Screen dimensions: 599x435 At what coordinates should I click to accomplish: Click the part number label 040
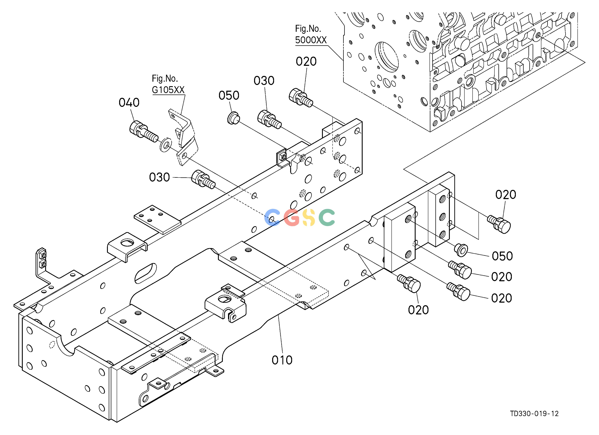pos(129,102)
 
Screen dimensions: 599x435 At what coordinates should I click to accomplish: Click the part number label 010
pos(282,360)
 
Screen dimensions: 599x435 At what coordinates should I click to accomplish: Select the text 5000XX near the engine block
pos(311,40)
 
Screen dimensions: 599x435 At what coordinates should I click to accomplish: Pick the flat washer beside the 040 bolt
pos(166,144)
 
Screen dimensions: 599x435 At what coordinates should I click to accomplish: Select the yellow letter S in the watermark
pos(309,217)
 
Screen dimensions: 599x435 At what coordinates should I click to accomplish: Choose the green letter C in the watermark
pos(327,217)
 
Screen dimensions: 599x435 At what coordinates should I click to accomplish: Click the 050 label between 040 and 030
pos(229,95)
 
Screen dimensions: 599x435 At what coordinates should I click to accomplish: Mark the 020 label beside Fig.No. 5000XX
pos(306,61)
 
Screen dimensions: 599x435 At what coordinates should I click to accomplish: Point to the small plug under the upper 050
pos(233,118)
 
